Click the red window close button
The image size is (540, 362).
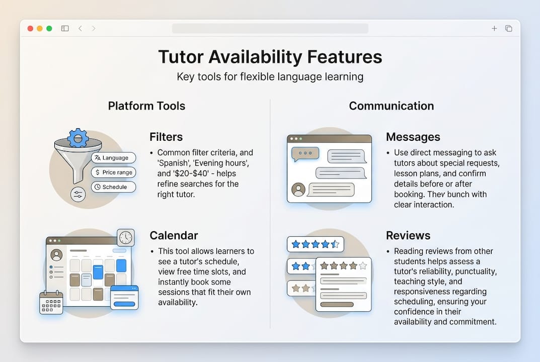[30, 29]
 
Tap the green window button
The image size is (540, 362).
[49, 29]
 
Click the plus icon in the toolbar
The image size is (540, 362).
[494, 29]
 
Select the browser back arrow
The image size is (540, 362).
[80, 29]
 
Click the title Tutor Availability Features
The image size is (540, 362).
[270, 57]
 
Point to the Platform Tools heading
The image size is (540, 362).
[146, 106]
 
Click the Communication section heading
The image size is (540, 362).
[391, 106]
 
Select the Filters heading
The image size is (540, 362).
[166, 137]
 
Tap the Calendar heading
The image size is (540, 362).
[174, 235]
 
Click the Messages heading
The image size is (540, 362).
[413, 137]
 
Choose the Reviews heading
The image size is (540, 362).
[408, 235]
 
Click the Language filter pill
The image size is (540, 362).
[114, 158]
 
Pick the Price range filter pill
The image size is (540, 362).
[114, 172]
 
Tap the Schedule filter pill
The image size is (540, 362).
[114, 187]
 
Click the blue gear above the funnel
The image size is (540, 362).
[78, 137]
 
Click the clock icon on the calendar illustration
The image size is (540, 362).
[126, 237]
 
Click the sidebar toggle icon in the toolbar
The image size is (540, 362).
[65, 29]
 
